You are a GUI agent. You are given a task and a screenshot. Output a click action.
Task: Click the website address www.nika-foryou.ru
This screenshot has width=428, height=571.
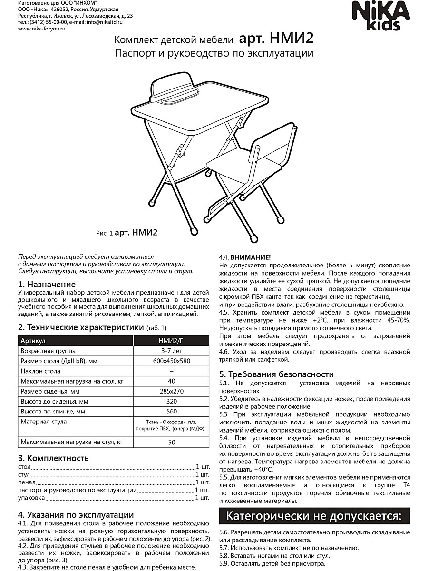(x=41, y=29)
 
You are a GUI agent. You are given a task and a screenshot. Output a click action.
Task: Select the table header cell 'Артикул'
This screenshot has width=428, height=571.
(x=33, y=341)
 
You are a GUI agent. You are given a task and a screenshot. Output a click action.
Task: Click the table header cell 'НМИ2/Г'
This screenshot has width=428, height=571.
(x=172, y=341)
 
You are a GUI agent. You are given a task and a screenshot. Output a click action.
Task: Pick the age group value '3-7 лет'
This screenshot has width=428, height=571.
(x=172, y=351)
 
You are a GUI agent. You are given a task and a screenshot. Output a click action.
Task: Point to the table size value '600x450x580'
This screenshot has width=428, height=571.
(x=172, y=361)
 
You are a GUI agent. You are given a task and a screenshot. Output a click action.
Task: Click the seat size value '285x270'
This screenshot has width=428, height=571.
(x=172, y=391)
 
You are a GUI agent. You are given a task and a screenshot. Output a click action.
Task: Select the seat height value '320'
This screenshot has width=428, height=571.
(x=172, y=401)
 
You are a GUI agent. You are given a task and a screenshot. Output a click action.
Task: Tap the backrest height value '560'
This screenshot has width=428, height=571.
(x=172, y=411)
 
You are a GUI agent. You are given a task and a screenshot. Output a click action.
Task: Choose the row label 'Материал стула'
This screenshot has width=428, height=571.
(x=43, y=422)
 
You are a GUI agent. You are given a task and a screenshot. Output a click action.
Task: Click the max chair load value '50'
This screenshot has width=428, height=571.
(x=172, y=442)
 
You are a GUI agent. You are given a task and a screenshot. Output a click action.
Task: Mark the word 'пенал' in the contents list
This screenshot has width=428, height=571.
(x=27, y=482)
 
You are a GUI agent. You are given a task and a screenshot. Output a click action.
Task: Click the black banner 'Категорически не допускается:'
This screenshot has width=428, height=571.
(x=314, y=516)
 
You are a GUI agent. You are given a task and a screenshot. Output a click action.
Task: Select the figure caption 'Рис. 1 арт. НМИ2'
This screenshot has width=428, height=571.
(x=126, y=233)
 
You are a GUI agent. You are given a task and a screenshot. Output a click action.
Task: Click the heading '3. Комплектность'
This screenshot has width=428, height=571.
(x=53, y=458)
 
